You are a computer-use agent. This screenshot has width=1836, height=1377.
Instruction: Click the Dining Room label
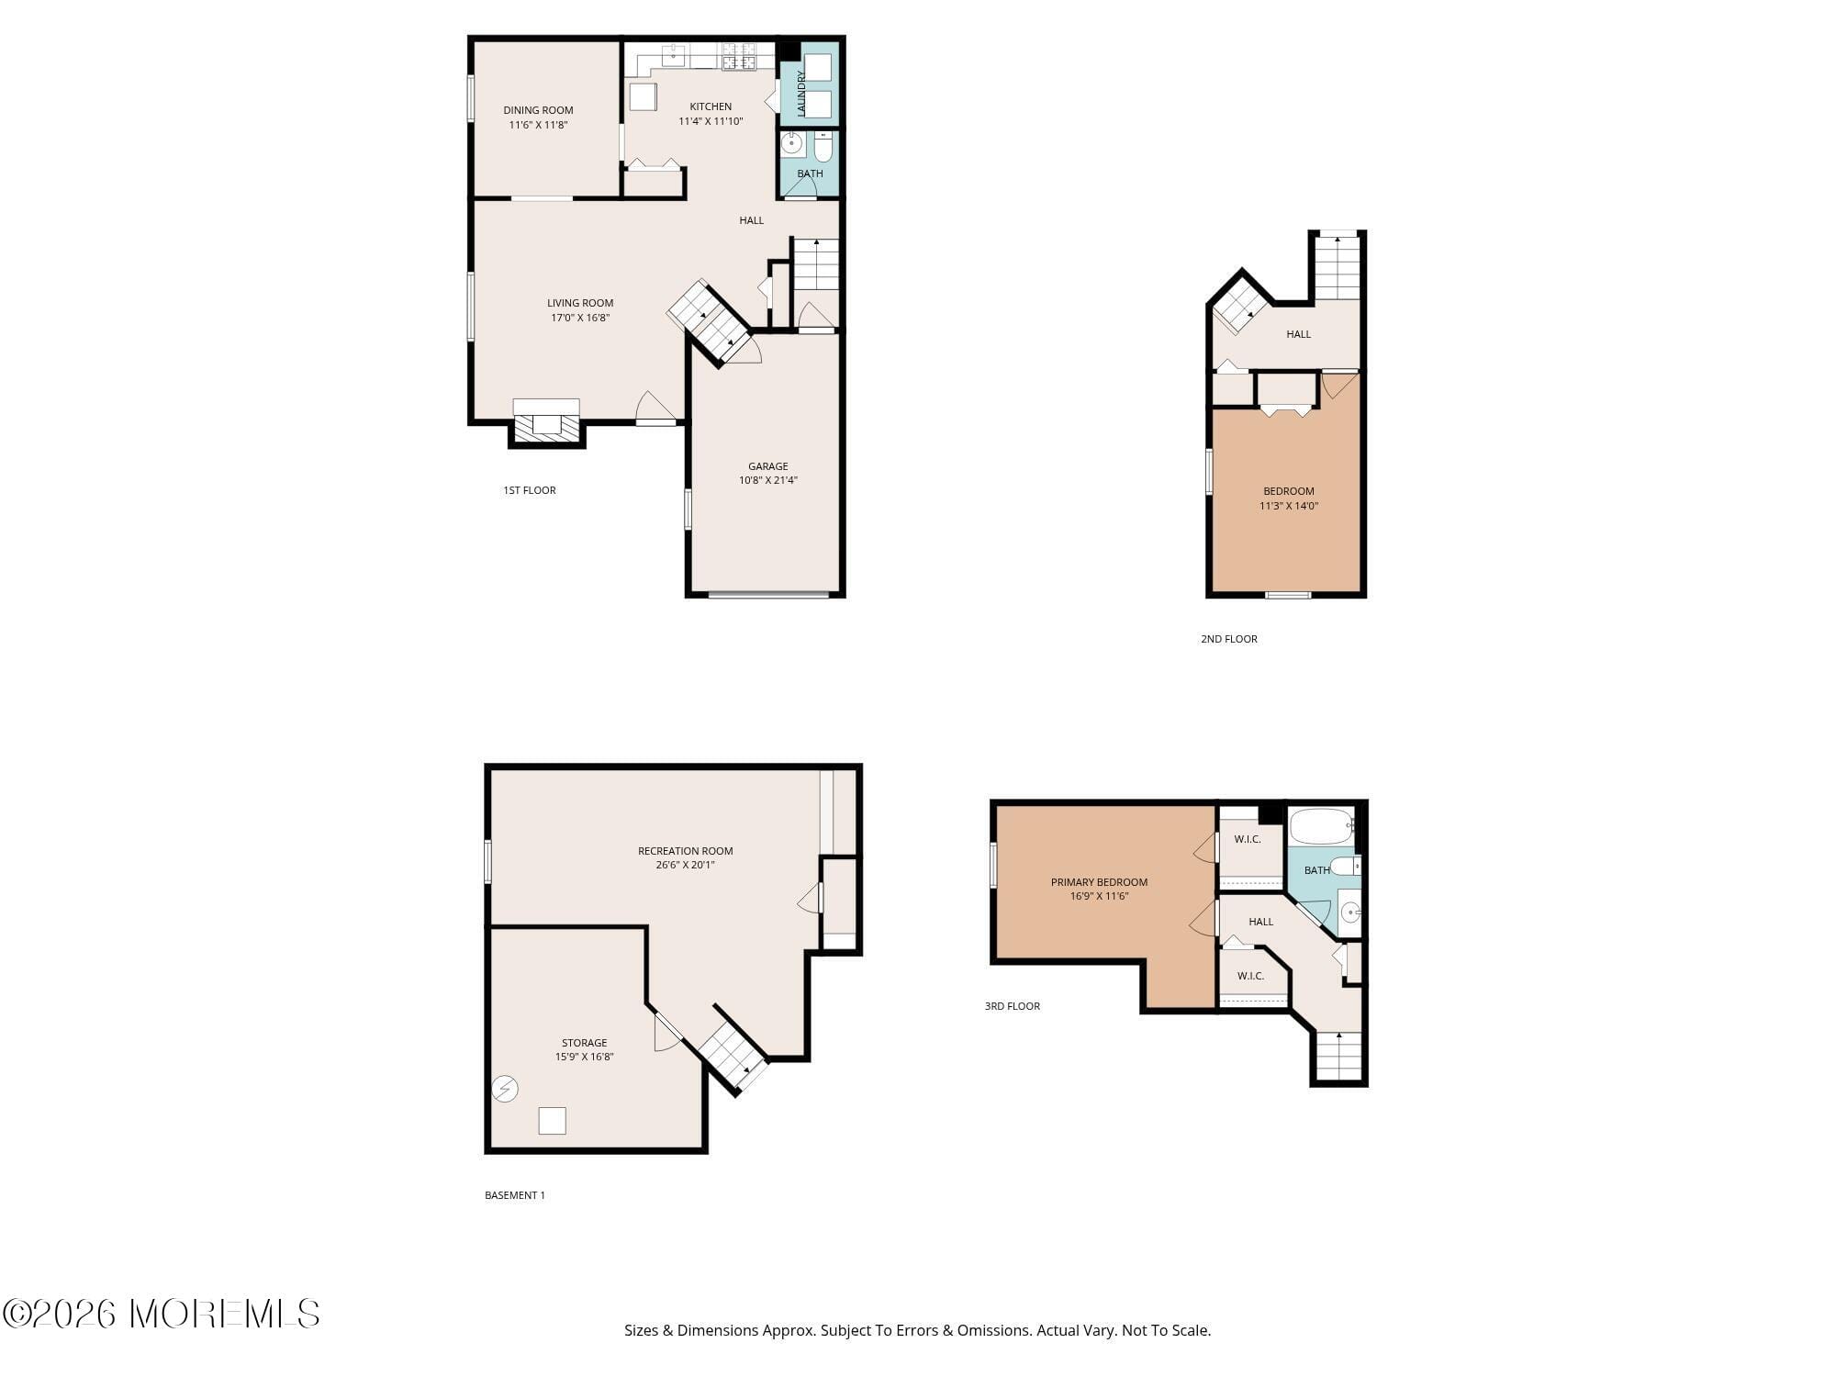[538, 110]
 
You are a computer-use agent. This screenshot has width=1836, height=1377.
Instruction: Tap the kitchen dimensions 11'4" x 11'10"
[711, 121]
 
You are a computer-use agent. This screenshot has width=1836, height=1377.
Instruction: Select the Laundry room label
[801, 94]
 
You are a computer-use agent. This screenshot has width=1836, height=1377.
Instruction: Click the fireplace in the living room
[546, 425]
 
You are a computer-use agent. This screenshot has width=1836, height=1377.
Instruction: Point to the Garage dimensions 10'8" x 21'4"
[768, 480]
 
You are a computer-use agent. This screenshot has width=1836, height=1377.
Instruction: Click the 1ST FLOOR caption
[530, 490]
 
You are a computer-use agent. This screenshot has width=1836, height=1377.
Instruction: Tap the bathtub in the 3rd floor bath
[1321, 826]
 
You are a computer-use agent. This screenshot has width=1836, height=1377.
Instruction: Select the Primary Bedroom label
[1099, 882]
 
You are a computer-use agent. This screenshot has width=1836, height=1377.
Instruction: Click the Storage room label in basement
[584, 1043]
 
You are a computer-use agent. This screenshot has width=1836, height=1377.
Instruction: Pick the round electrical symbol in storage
[505, 1089]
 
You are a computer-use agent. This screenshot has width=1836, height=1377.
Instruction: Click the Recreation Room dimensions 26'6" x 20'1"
[685, 865]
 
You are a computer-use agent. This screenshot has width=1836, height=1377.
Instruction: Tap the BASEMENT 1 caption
[515, 1195]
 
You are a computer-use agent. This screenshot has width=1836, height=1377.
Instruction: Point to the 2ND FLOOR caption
[1229, 639]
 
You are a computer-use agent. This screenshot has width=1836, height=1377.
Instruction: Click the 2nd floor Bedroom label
[1288, 491]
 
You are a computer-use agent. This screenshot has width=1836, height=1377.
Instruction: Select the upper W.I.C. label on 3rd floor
[1248, 839]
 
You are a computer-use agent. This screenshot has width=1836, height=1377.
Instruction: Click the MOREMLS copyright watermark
[162, 1314]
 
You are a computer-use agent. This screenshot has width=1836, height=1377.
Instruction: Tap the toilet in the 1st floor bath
[823, 146]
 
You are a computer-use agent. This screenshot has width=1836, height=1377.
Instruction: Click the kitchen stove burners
[738, 57]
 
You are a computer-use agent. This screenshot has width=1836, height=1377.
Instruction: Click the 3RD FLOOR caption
[1013, 1006]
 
